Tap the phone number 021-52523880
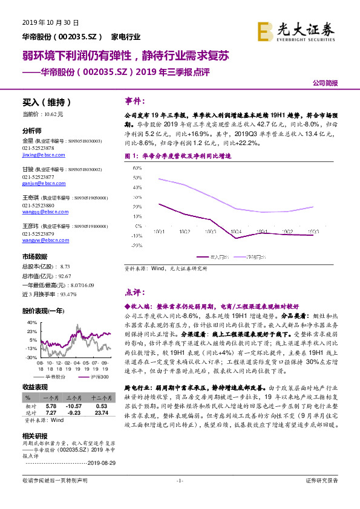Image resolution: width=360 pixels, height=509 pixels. coord(38,205)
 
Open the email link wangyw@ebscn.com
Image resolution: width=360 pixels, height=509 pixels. coord(41,239)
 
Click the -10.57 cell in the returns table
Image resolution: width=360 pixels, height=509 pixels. coord(73,406)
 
